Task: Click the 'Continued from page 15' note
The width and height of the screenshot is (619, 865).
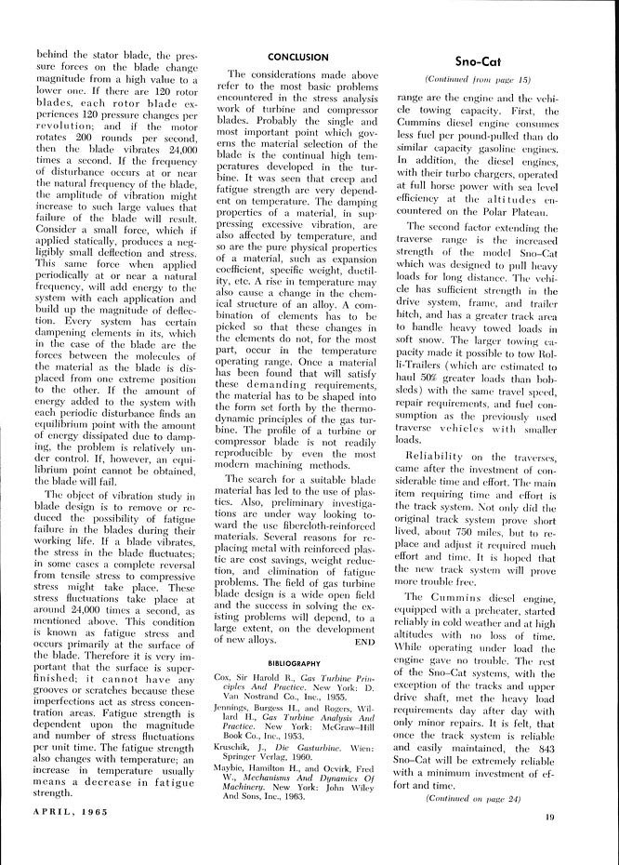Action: click(478, 81)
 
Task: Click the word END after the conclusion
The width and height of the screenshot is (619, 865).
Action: click(365, 641)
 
